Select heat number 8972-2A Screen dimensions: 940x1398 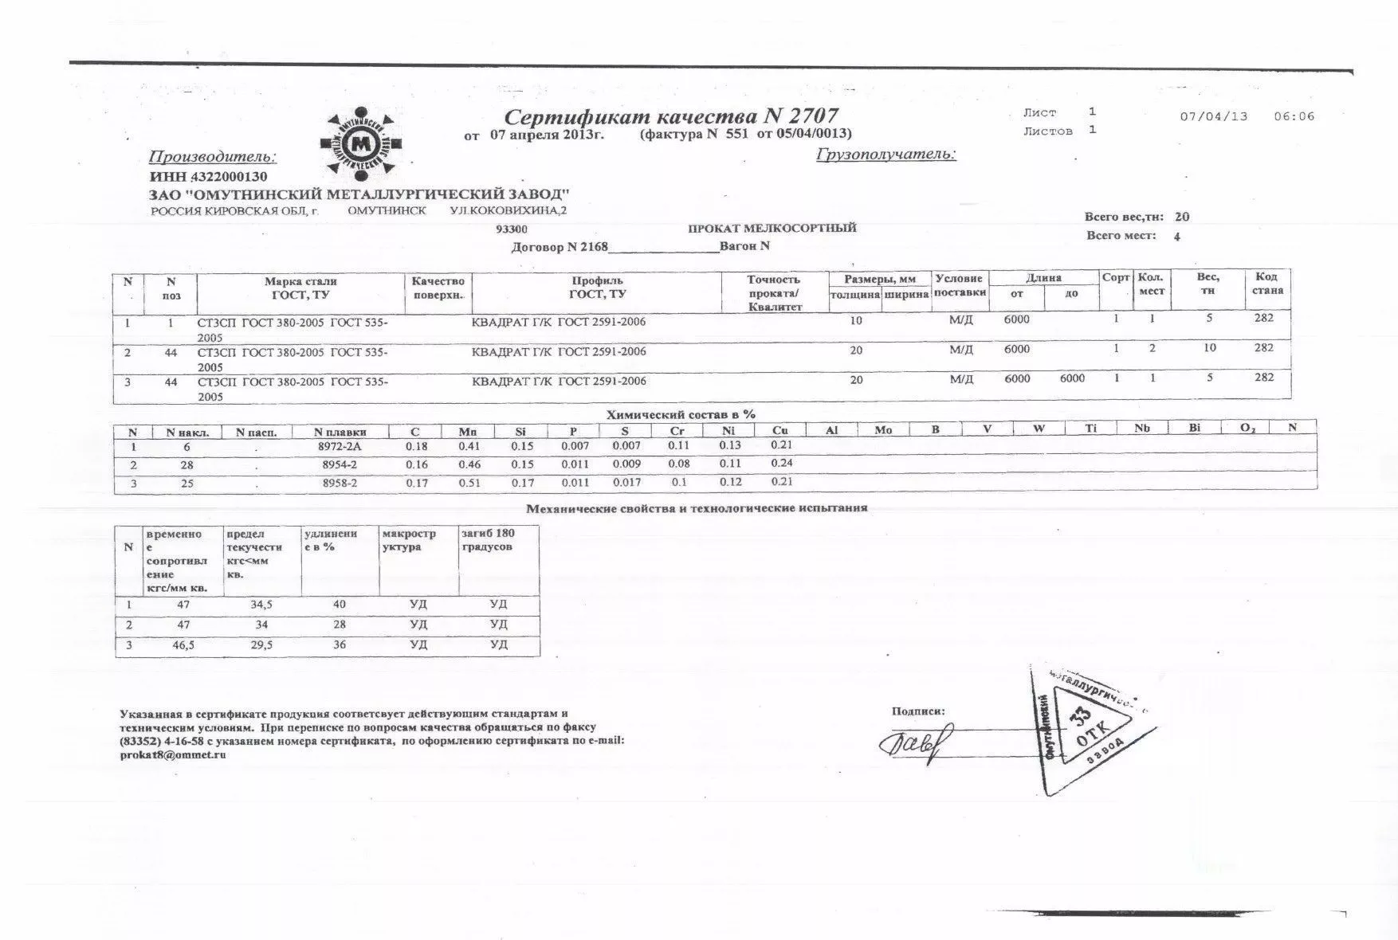tap(340, 447)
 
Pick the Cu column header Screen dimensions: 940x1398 tap(780, 430)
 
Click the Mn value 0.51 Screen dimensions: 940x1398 tap(469, 483)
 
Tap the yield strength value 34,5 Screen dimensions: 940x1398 tap(261, 605)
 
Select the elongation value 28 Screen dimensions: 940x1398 tap(340, 625)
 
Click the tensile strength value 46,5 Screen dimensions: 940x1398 tap(183, 645)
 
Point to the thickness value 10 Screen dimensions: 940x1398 tap(856, 321)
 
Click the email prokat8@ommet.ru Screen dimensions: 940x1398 tap(173, 755)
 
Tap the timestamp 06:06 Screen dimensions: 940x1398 tap(1294, 116)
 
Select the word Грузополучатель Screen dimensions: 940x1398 tap(886, 155)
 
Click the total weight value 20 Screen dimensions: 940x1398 tap(1182, 217)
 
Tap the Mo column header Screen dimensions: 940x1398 tap(883, 429)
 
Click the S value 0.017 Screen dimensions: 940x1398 tap(626, 482)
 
